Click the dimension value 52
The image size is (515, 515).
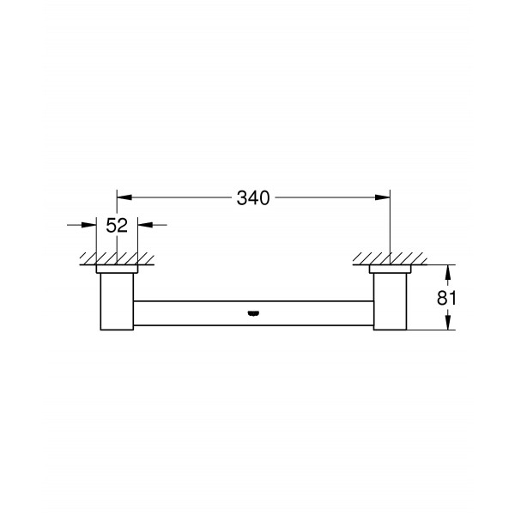pyautogui.click(x=117, y=227)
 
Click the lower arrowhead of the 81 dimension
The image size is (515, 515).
pyautogui.click(x=447, y=324)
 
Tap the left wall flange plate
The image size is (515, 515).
pyautogui.click(x=117, y=270)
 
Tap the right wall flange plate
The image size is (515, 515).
pyautogui.click(x=391, y=270)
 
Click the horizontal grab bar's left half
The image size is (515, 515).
pyautogui.click(x=189, y=309)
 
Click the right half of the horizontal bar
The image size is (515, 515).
pyautogui.click(x=318, y=309)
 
